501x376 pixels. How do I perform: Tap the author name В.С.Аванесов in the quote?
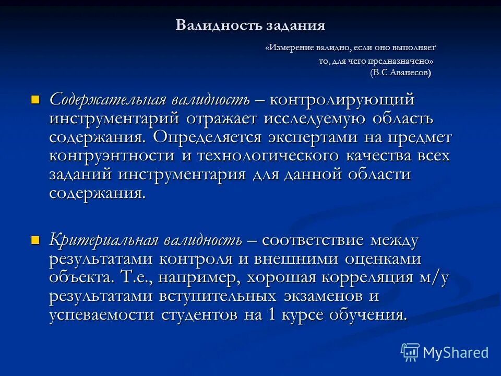401,73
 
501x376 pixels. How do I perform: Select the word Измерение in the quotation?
291,48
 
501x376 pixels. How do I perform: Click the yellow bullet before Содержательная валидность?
35,99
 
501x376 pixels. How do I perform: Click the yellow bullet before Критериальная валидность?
35,240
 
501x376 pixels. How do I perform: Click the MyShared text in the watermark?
456,352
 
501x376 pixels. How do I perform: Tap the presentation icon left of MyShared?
410,352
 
